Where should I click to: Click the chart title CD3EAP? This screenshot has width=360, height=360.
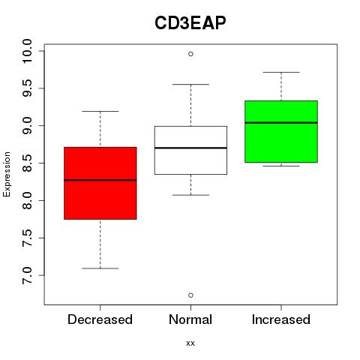[x=190, y=23]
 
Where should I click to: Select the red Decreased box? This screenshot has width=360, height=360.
[x=100, y=183]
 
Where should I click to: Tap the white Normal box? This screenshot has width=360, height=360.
[x=190, y=150]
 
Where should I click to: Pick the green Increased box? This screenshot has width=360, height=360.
[x=281, y=131]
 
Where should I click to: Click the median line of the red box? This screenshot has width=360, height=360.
[x=100, y=180]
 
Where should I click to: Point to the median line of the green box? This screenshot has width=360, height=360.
[x=281, y=123]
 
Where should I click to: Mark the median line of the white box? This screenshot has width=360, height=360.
[x=190, y=148]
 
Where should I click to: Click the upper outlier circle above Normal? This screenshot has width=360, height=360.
[x=190, y=54]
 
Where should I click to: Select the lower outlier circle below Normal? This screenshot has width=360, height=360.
[x=190, y=295]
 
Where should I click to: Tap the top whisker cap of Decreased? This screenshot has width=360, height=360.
[x=100, y=111]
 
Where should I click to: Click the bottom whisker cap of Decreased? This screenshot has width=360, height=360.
[x=100, y=268]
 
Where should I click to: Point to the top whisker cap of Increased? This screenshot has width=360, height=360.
[x=281, y=72]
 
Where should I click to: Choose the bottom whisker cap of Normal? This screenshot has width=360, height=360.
[x=190, y=195]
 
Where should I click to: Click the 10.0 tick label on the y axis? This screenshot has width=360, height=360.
[x=27, y=51]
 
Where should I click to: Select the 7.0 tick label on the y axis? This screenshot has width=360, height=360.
[x=27, y=275]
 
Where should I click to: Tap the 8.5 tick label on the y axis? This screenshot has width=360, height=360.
[x=27, y=163]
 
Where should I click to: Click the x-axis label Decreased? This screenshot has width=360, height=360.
[x=100, y=319]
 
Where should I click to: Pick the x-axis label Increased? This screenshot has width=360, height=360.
[x=281, y=319]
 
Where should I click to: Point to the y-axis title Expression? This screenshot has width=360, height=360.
[x=7, y=174]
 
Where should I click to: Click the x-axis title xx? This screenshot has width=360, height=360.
[x=190, y=343]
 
